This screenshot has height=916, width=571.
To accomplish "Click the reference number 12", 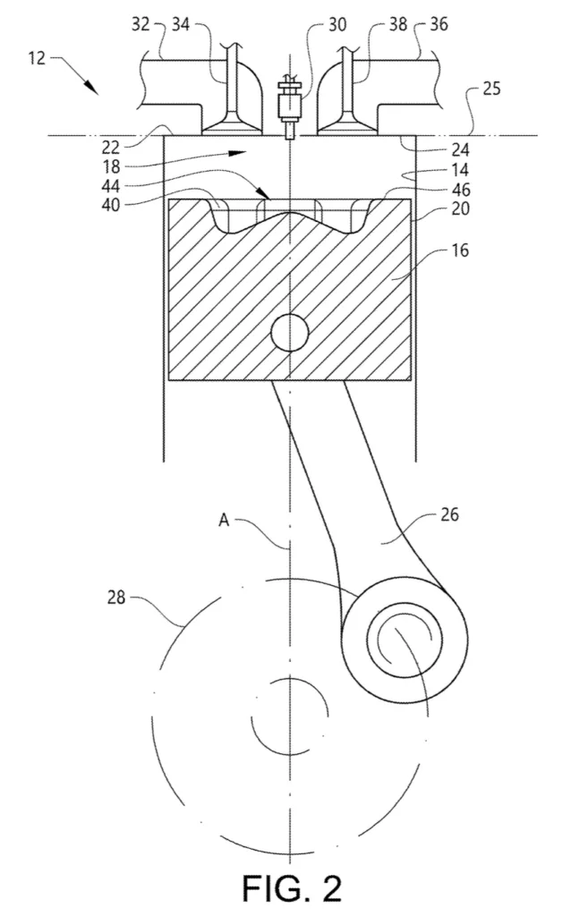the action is [37, 58].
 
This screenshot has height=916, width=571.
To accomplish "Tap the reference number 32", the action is [141, 24].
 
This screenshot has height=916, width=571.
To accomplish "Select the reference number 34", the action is [181, 24].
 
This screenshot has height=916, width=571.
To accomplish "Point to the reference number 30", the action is [337, 24].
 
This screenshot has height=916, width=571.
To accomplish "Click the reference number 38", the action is [398, 24].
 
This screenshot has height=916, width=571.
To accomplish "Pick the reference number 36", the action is [439, 24].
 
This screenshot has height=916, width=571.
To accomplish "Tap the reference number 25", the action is [491, 89].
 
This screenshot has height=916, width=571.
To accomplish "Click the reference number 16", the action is [460, 250].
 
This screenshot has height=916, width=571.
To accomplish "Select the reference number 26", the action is [449, 514].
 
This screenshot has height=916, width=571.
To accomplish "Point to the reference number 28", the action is [116, 597].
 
